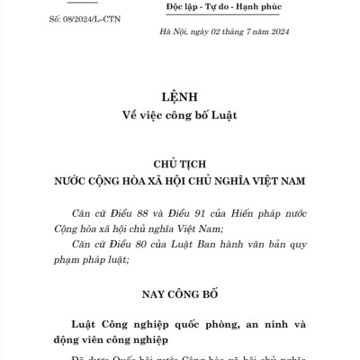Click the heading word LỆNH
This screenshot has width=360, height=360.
180,95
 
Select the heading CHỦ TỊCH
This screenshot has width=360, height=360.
180,161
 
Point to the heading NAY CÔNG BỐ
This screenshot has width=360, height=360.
180,293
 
